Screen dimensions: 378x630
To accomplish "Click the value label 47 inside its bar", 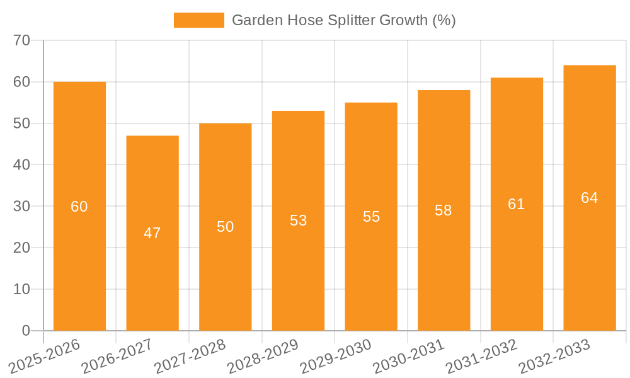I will coord(152,233).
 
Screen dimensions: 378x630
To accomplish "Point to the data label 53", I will coord(298,220).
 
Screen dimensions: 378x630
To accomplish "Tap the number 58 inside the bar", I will coord(444,210).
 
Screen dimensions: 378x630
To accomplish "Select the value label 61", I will coord(517,204).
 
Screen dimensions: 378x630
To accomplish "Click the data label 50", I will coord(226,227).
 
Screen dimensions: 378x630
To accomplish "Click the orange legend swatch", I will coord(198,20).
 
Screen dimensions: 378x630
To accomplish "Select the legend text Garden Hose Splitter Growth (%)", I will coord(343,20).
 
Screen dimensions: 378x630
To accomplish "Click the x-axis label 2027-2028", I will coord(190,357).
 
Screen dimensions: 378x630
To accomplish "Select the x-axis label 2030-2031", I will coord(409,357).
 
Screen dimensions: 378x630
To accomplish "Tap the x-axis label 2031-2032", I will coord(482,357).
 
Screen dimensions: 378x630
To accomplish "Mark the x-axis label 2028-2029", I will coord(263,357).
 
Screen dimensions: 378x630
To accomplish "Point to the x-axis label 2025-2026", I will coord(45,357).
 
